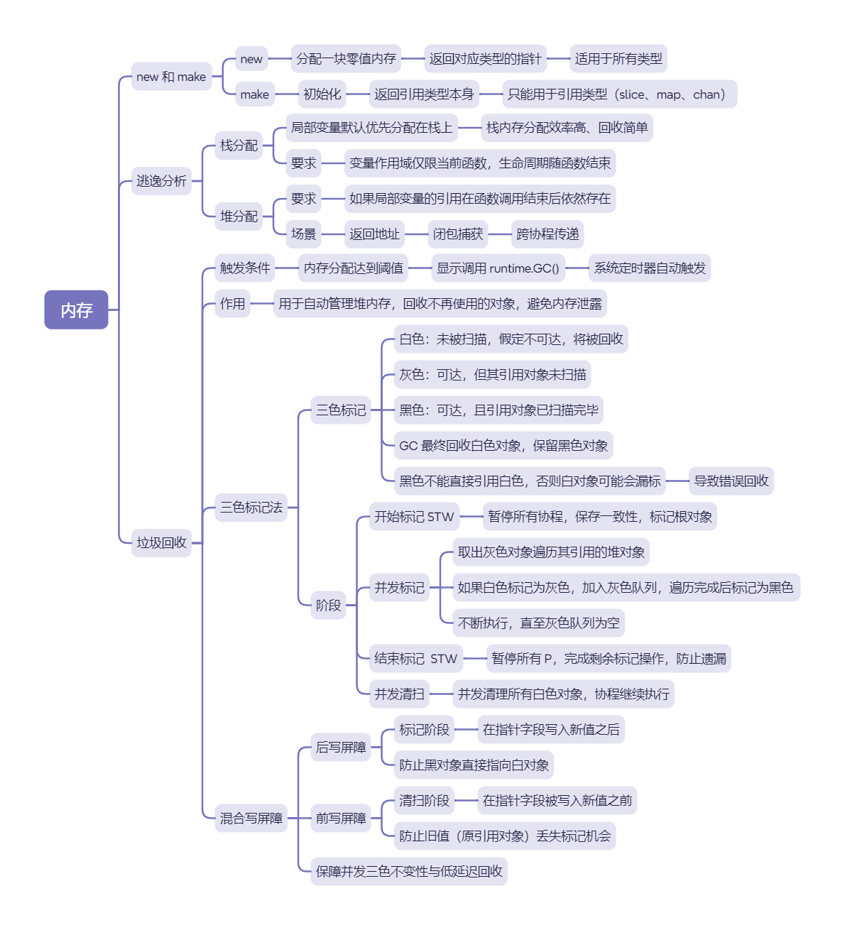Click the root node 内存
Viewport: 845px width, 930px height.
(76, 310)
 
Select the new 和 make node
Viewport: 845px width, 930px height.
(171, 77)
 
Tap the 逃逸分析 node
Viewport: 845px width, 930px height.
(161, 181)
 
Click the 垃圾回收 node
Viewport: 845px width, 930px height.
(161, 543)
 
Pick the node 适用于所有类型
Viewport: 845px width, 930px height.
(618, 59)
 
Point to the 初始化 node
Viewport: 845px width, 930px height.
(322, 94)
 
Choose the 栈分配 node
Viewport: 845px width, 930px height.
(239, 146)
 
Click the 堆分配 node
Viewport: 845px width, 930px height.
(239, 217)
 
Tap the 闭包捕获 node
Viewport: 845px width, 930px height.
(458, 234)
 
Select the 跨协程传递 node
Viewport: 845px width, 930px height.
(547, 234)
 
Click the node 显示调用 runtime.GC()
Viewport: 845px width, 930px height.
(498, 268)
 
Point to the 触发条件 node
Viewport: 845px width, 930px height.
(245, 268)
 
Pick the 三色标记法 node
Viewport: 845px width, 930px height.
(251, 508)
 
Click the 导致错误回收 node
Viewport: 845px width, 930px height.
(731, 481)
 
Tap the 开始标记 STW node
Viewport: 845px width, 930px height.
(414, 517)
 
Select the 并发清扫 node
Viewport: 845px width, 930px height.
(399, 694)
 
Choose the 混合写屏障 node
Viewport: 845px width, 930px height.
(251, 819)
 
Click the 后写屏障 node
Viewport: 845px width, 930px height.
(341, 748)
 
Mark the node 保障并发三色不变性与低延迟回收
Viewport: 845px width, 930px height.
(409, 872)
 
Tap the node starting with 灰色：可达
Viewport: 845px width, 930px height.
(493, 375)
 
